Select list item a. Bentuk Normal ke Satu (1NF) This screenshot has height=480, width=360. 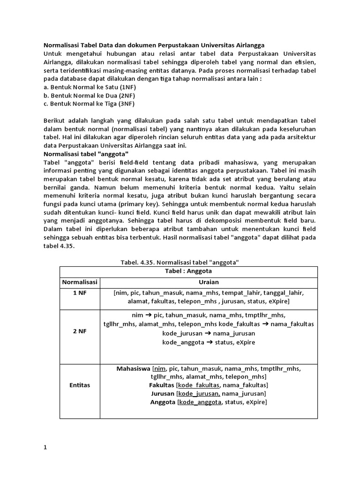tap(84, 87)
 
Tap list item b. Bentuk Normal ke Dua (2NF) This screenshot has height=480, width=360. tap(84, 95)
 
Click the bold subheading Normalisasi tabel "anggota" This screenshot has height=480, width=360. tap(86, 154)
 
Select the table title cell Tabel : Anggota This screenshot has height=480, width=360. tap(188, 271)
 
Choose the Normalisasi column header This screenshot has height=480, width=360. tap(80, 282)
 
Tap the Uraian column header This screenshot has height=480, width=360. tap(209, 282)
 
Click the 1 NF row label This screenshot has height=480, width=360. tap(80, 292)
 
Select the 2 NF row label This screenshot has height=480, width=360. tap(80, 331)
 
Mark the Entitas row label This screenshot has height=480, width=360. tap(80, 385)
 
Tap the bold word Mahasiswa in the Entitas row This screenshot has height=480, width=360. tap(133, 368)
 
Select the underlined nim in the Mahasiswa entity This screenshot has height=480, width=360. tap(160, 368)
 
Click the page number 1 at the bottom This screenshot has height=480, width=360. tap(45, 447)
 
